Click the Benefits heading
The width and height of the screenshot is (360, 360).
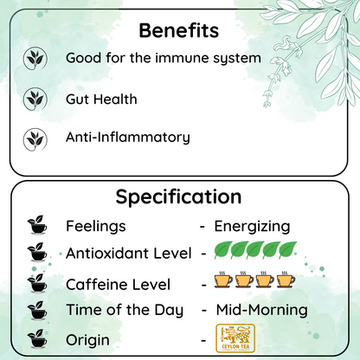[179, 31]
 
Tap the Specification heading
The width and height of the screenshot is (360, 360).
[179, 196]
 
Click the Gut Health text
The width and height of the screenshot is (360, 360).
[101, 99]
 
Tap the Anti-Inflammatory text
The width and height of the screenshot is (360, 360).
[127, 137]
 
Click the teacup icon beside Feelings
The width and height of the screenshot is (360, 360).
[37, 227]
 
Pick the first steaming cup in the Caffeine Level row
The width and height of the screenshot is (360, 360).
[225, 282]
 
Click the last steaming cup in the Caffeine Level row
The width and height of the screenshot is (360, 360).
[285, 282]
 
